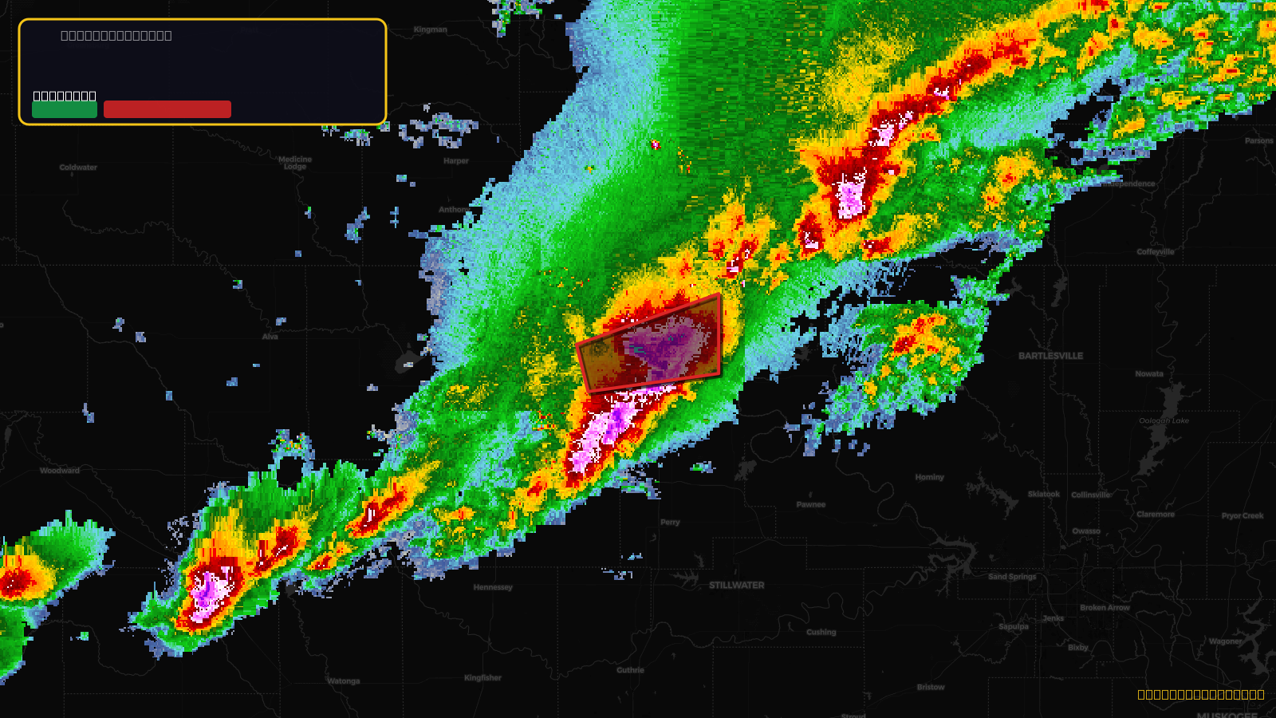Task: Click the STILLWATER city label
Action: pos(736,586)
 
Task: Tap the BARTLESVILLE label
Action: pos(1050,356)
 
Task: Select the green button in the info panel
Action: pos(65,110)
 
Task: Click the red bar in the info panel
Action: pos(167,109)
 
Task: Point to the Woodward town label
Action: pos(60,471)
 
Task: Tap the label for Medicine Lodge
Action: pos(295,163)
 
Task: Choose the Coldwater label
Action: pos(78,168)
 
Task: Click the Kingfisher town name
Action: pos(482,678)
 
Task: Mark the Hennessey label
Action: pos(493,587)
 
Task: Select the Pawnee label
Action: pos(811,504)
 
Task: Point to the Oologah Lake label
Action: pos(1164,420)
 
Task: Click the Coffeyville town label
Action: pos(1156,252)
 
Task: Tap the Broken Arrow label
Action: pos(1105,608)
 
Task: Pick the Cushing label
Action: pos(821,633)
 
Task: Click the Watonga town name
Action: pos(344,681)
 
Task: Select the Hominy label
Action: pos(929,477)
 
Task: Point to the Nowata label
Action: pos(1149,373)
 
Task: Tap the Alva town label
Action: pos(270,337)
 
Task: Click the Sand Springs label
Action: pos(1012,577)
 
